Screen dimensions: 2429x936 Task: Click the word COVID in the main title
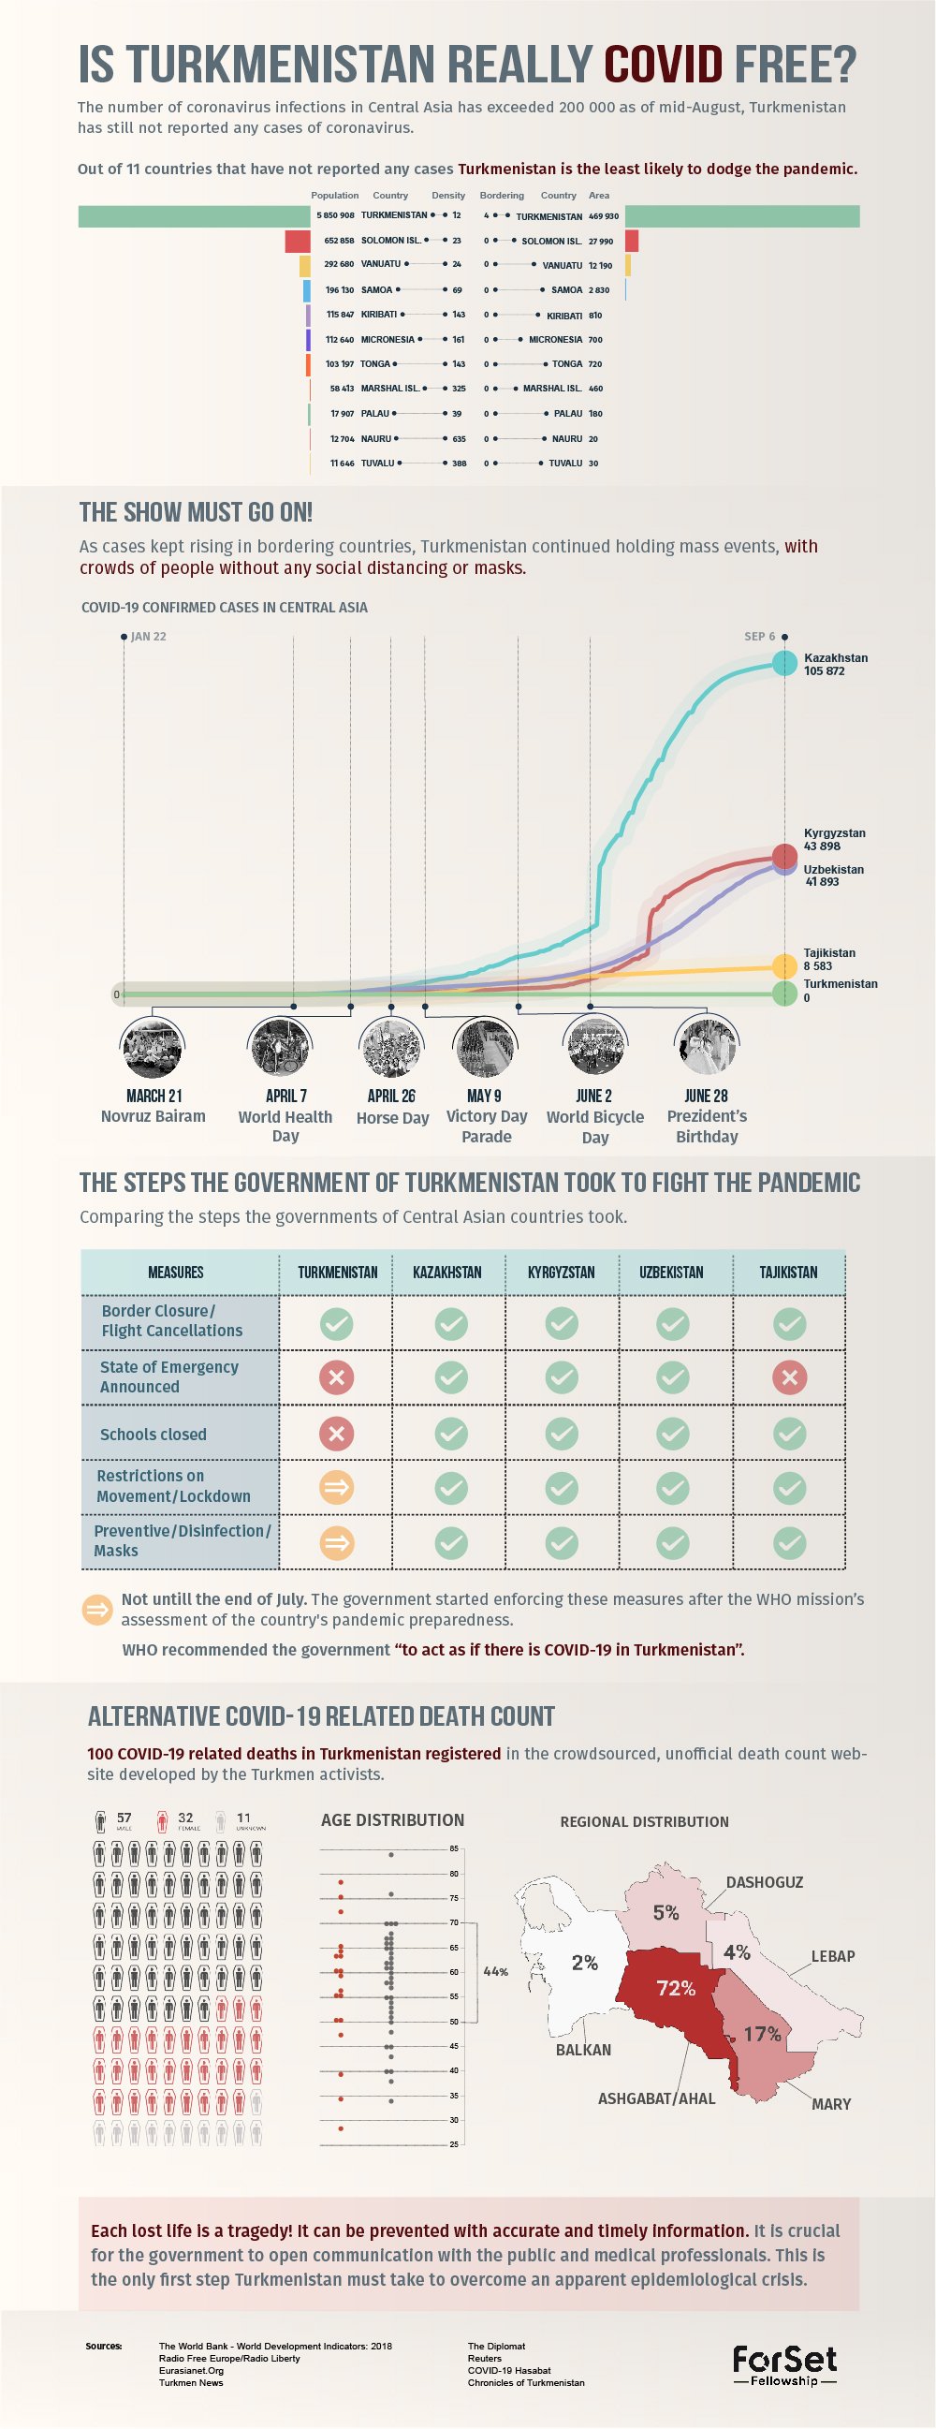[663, 64]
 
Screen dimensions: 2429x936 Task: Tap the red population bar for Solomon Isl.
[298, 241]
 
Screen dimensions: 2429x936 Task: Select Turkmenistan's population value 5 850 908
[335, 216]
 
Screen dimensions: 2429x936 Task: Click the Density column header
[447, 195]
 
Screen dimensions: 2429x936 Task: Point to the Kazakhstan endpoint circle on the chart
[784, 663]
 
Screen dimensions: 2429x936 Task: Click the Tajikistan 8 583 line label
[828, 959]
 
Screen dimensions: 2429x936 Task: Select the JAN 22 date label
[148, 637]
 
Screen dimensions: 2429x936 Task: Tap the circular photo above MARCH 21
[153, 1048]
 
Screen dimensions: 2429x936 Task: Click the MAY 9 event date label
[485, 1096]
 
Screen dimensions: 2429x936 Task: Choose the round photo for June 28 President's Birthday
[706, 1048]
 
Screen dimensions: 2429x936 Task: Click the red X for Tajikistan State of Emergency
[789, 1377]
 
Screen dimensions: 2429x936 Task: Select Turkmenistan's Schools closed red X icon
[337, 1435]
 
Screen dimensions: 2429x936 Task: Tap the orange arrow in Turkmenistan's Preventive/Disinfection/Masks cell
[337, 1542]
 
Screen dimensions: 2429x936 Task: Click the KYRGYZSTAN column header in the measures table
[561, 1272]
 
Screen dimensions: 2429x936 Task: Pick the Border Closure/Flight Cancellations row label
[171, 1320]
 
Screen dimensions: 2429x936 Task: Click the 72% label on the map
[676, 1988]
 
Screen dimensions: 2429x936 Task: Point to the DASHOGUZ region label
[765, 1882]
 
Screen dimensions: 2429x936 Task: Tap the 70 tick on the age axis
[453, 1922]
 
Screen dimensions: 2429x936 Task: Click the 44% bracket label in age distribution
[496, 1972]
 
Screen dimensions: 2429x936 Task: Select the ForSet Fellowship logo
[784, 2366]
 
